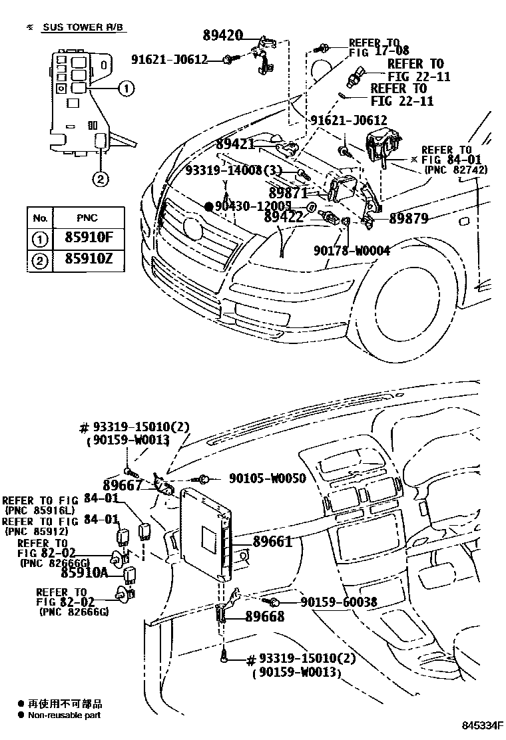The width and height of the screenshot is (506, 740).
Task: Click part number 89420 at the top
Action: pyautogui.click(x=224, y=35)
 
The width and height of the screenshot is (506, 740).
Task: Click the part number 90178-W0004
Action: pyautogui.click(x=351, y=250)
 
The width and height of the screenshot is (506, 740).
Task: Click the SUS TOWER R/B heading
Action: pyautogui.click(x=83, y=27)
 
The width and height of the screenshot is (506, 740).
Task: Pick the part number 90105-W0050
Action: pyautogui.click(x=267, y=478)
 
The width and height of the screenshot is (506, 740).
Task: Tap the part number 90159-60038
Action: pyautogui.click(x=338, y=602)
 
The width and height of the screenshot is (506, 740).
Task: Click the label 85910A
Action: pyautogui.click(x=85, y=571)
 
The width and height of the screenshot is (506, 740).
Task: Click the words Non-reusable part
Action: pyautogui.click(x=65, y=715)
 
